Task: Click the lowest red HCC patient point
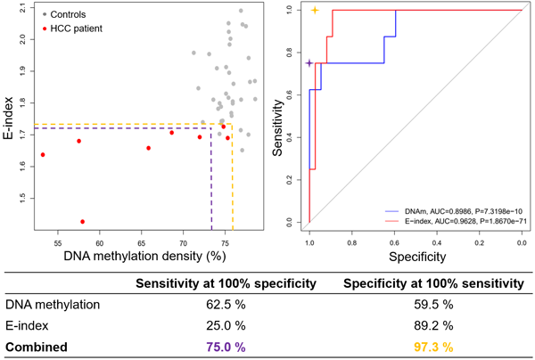tap(83, 222)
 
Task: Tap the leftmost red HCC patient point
tap(43, 155)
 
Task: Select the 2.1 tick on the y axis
tap(21, 12)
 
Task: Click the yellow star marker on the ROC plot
tap(315, 11)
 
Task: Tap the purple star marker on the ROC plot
tap(309, 63)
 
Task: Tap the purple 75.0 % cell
tap(220, 347)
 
